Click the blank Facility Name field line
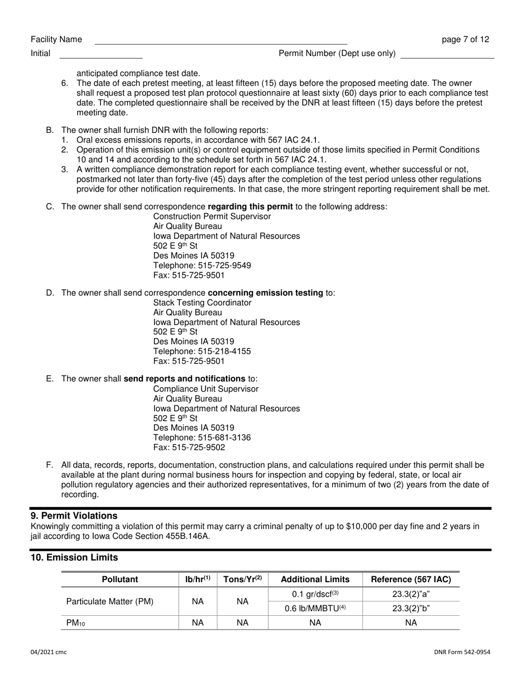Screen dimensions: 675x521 [x=220, y=40]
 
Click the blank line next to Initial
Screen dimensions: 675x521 [x=100, y=54]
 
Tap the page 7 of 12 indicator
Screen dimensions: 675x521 [x=465, y=40]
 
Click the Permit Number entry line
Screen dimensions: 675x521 [x=447, y=54]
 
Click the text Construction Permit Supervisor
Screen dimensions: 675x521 [x=212, y=216]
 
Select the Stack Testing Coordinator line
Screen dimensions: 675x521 [x=202, y=302]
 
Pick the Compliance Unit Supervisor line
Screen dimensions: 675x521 [x=206, y=389]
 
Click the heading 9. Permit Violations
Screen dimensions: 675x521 [x=73, y=516]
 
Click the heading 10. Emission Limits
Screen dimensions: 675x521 [x=73, y=558]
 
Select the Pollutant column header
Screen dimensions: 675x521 [x=120, y=580]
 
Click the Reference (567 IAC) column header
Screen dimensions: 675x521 [x=411, y=580]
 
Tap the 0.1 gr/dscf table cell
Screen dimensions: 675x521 [x=315, y=594]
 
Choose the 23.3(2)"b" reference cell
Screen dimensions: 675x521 [x=411, y=609]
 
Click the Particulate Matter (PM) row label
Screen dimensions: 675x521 [x=110, y=601]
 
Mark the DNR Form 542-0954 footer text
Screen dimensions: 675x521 [x=462, y=652]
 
